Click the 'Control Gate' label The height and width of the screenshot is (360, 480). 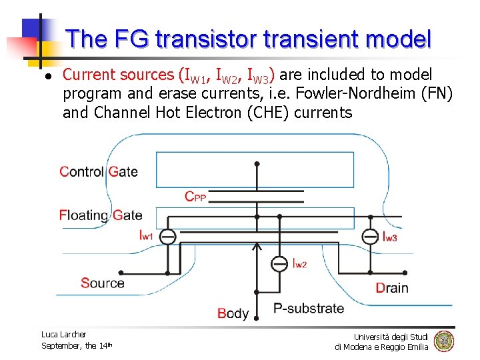tap(99, 171)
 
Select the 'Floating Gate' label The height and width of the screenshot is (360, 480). tap(101, 215)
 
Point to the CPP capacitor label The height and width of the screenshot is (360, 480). tap(195, 196)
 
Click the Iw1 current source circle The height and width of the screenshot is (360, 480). tap(168, 236)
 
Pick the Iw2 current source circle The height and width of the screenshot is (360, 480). tap(279, 263)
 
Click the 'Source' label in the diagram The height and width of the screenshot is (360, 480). tap(102, 283)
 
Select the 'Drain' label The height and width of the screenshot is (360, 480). tap(392, 288)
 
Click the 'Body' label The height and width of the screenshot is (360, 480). tap(233, 313)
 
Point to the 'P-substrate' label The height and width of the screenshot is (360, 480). tap(309, 308)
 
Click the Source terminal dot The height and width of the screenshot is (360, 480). tap(121, 273)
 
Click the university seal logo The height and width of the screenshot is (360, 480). tap(443, 341)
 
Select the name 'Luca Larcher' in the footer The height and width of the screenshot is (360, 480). tap(63, 334)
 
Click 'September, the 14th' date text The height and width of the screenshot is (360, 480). tap(77, 345)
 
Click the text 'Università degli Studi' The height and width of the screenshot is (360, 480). tap(391, 336)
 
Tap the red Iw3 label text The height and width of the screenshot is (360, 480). tap(390, 237)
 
